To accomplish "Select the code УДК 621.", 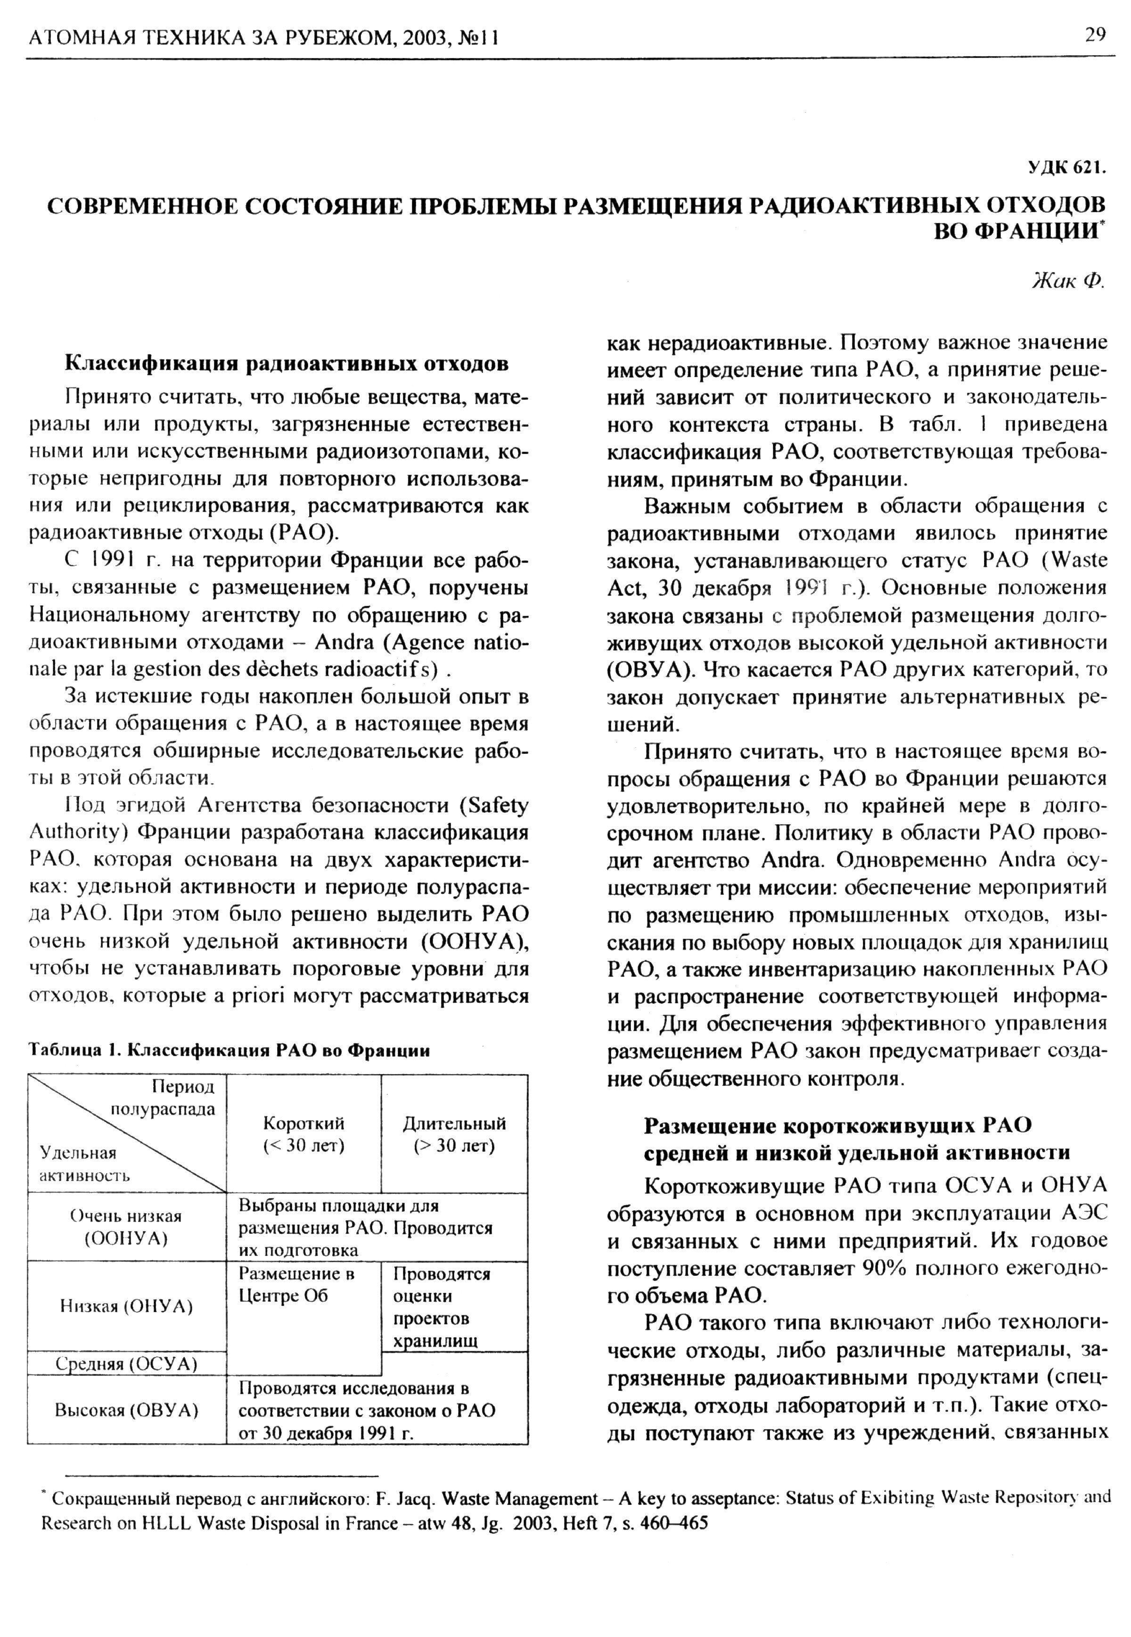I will pos(1066,167).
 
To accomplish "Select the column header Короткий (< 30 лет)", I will pos(303,1135).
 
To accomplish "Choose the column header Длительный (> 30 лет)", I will pos(454,1135).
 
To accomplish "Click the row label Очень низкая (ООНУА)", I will pos(126,1227).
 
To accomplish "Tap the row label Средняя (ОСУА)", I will pos(126,1364).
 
